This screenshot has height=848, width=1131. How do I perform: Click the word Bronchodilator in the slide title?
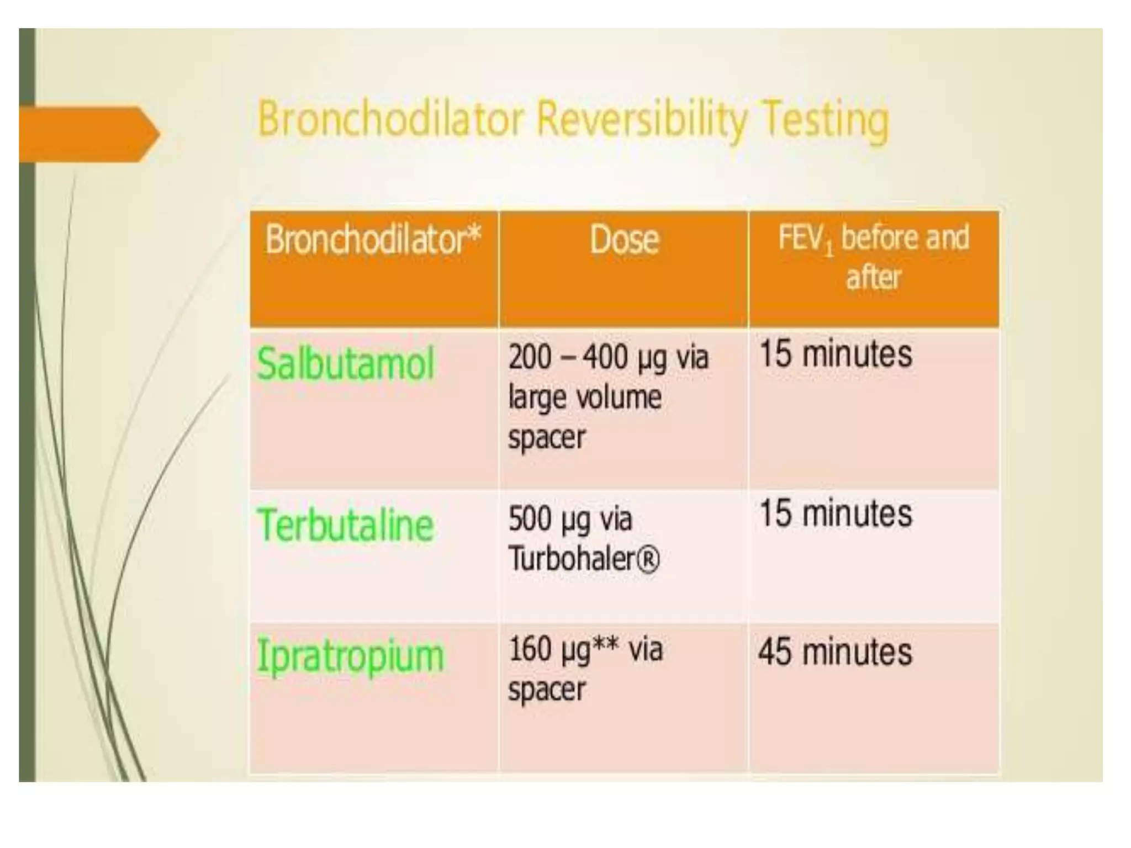coord(390,119)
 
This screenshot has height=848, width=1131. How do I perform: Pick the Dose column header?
coord(624,240)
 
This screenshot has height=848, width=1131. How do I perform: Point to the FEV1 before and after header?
coord(873,256)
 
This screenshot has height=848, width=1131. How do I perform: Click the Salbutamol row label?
coord(346,364)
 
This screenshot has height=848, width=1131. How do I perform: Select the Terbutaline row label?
coord(345,526)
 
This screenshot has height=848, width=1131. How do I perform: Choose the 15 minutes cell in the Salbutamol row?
coord(836,354)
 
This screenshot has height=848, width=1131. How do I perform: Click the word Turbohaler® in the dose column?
coord(584,559)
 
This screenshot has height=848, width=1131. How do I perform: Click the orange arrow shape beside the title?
coord(88,134)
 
